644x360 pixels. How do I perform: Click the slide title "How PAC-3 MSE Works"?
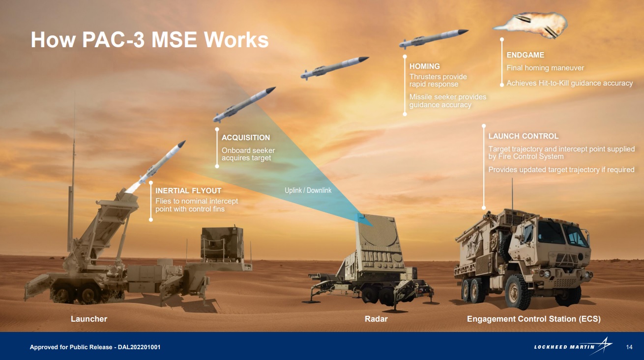(149, 40)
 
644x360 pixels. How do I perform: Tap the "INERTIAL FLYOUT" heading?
(188, 190)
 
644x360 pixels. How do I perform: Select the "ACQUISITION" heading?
(246, 138)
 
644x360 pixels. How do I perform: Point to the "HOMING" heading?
(424, 66)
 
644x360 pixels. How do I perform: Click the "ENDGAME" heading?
(525, 55)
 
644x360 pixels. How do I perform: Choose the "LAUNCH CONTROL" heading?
(523, 136)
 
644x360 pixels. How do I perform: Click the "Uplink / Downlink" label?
(308, 190)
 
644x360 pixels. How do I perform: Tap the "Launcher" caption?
(89, 319)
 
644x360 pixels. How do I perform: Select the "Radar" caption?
(376, 319)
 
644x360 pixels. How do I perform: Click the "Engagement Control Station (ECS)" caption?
(533, 319)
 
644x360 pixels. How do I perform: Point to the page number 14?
(629, 347)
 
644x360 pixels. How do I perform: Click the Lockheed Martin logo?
(573, 346)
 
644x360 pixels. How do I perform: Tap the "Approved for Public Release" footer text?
(95, 347)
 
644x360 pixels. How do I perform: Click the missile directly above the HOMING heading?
(433, 38)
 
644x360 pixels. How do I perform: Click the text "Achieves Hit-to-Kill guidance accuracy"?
(569, 83)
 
